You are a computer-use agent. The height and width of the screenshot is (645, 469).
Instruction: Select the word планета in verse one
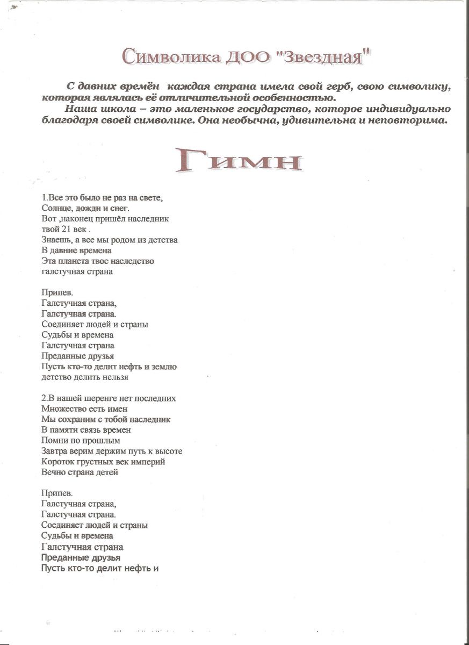(x=76, y=261)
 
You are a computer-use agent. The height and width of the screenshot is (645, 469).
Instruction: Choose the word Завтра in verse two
(x=54, y=451)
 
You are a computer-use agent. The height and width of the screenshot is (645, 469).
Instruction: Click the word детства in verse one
(x=162, y=240)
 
